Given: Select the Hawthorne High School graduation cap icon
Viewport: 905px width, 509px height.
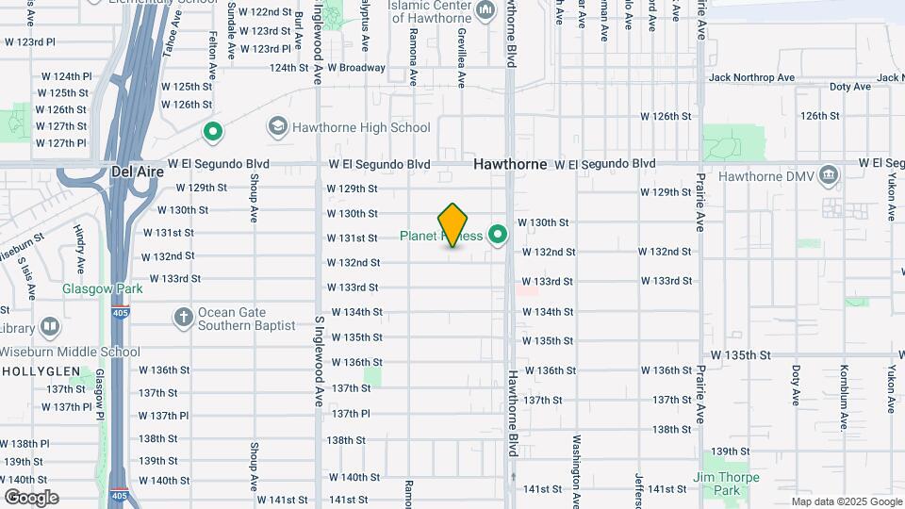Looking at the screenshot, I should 277,126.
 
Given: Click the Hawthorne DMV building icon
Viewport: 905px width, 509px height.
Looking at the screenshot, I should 828,175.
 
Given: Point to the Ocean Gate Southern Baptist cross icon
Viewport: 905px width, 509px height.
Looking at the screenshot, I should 183,316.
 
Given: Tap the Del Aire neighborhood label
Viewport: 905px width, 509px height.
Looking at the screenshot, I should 138,172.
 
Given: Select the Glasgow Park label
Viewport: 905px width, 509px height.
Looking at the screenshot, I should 103,288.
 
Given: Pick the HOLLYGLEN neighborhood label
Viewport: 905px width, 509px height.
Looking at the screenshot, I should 37,372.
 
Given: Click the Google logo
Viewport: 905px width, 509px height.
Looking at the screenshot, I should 31,497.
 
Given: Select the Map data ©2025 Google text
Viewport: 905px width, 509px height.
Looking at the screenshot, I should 847,501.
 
